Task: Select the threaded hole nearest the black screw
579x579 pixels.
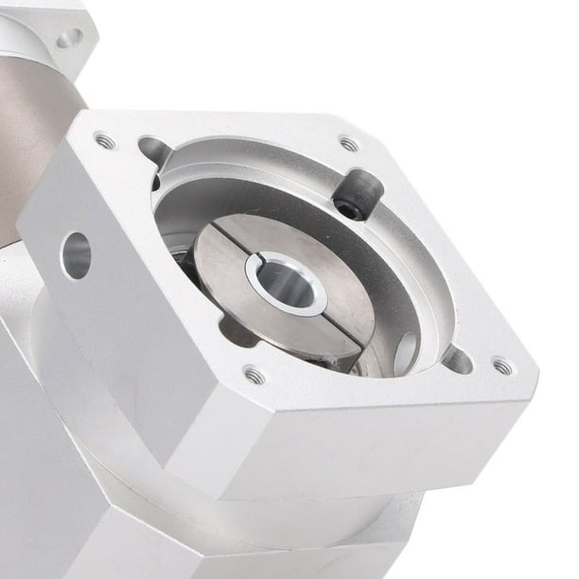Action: pos(349,144)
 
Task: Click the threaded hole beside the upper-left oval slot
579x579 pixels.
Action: pos(105,141)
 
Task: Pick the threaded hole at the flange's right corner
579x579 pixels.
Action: pos(501,365)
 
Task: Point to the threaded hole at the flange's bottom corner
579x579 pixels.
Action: pos(254,376)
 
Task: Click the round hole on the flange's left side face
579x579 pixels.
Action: pos(76,255)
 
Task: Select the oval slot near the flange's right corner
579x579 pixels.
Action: pos(456,359)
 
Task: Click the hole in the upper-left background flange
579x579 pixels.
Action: pos(68,39)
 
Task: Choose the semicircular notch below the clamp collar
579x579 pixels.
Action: pos(237,331)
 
